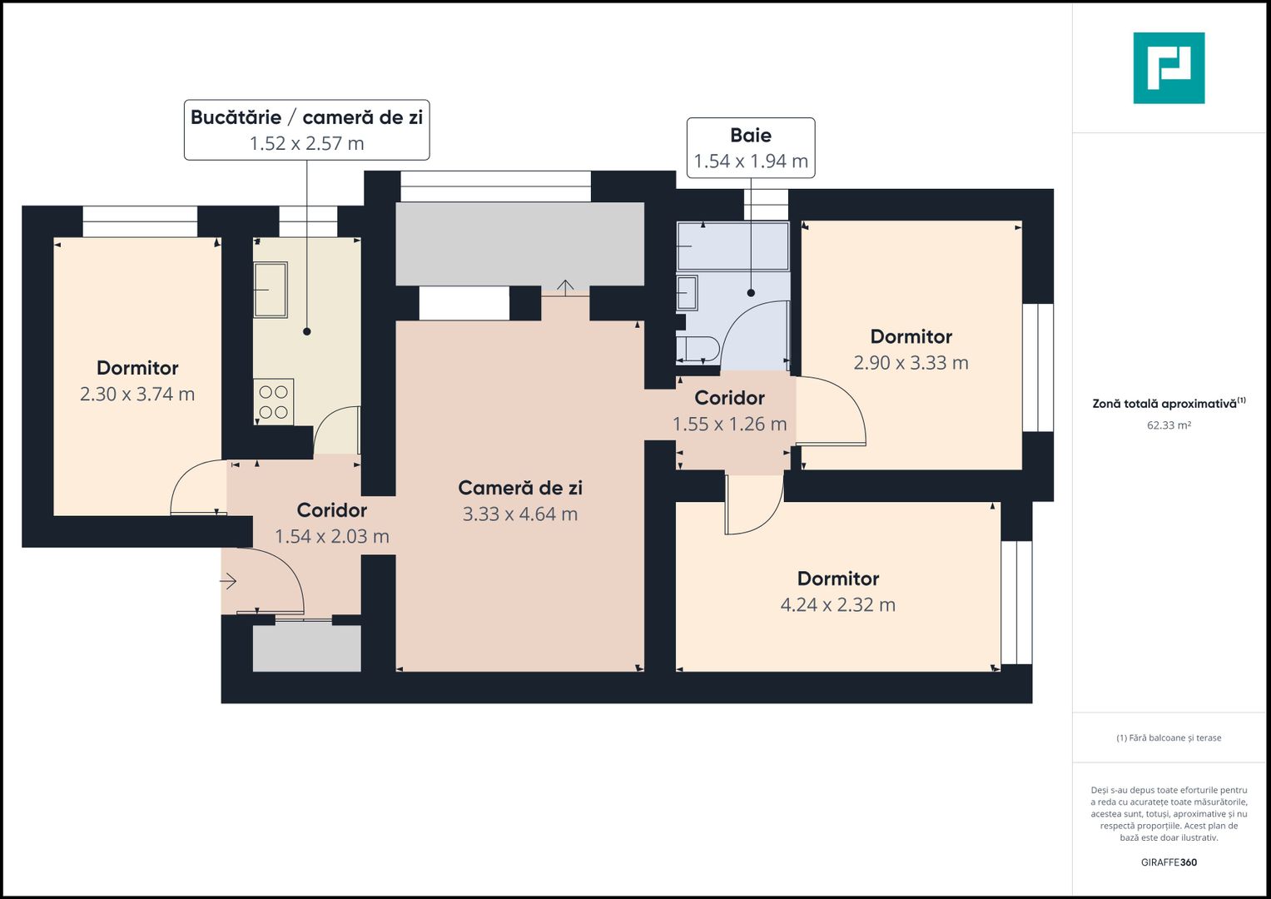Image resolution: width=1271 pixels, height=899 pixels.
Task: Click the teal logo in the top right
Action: pos(1169,68)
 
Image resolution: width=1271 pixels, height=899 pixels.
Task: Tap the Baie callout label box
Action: pos(750,148)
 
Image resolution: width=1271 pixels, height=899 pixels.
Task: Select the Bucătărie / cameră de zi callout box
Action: pos(306,130)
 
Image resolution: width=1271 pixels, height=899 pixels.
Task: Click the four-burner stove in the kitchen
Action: pos(273,402)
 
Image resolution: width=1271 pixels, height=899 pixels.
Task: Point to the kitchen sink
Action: pos(271,290)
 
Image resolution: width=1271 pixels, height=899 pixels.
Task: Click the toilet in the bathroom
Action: pos(698,350)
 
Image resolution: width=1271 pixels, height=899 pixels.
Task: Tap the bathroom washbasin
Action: pos(687,293)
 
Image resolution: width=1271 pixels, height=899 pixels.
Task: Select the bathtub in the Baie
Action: pos(732,246)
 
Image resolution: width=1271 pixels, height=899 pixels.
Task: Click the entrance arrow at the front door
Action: pos(229,581)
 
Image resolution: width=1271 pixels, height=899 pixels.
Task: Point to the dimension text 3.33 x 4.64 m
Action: pos(519,514)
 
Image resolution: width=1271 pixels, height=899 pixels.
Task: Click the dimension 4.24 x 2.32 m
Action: pos(837,605)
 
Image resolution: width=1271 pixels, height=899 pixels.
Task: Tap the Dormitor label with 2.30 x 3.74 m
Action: pos(137,368)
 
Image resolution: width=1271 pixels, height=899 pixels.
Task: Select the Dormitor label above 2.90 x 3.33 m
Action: pos(911,337)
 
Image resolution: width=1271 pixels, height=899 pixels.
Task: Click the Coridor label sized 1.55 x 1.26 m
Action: pos(729,398)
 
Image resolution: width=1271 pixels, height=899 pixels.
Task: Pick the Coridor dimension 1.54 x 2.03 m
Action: pos(332,537)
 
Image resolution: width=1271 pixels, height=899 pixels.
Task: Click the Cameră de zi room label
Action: pos(519,488)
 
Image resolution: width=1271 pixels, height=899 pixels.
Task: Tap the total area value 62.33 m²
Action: pos(1169,425)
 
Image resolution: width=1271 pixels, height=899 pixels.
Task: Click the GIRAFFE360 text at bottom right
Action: pos(1169,862)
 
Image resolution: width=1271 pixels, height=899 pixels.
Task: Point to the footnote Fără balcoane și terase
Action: pos(1169,738)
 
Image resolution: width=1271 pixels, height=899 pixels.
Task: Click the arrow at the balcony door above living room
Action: pos(565,288)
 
